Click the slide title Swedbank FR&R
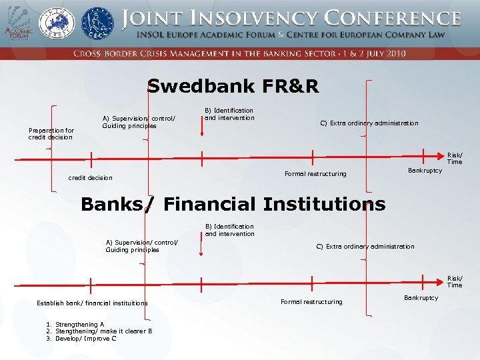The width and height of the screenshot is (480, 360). [x=233, y=86]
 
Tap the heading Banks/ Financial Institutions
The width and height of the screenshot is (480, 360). [x=233, y=204]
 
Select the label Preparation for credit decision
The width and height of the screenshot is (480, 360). [x=51, y=134]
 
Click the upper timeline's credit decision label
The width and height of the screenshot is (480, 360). [x=91, y=178]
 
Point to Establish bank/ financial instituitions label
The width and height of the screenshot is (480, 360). [x=92, y=303]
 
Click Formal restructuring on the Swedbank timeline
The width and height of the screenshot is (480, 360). [x=315, y=174]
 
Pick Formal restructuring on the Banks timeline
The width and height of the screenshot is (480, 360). [x=311, y=302]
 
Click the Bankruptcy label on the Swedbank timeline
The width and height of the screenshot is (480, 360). [x=425, y=171]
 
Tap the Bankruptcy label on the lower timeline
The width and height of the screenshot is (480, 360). [x=421, y=298]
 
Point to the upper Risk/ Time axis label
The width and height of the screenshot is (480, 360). [x=455, y=158]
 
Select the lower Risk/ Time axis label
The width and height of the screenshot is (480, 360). [x=455, y=282]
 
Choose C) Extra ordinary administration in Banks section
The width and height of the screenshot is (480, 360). [x=365, y=247]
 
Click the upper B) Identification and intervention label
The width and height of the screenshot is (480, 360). [x=229, y=114]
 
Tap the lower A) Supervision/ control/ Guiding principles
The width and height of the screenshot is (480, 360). [x=142, y=246]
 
